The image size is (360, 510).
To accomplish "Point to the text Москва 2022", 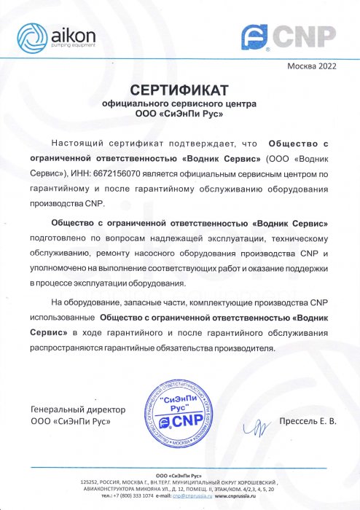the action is pyautogui.click(x=313, y=68).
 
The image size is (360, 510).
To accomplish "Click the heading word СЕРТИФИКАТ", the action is pyautogui.click(x=179, y=90).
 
